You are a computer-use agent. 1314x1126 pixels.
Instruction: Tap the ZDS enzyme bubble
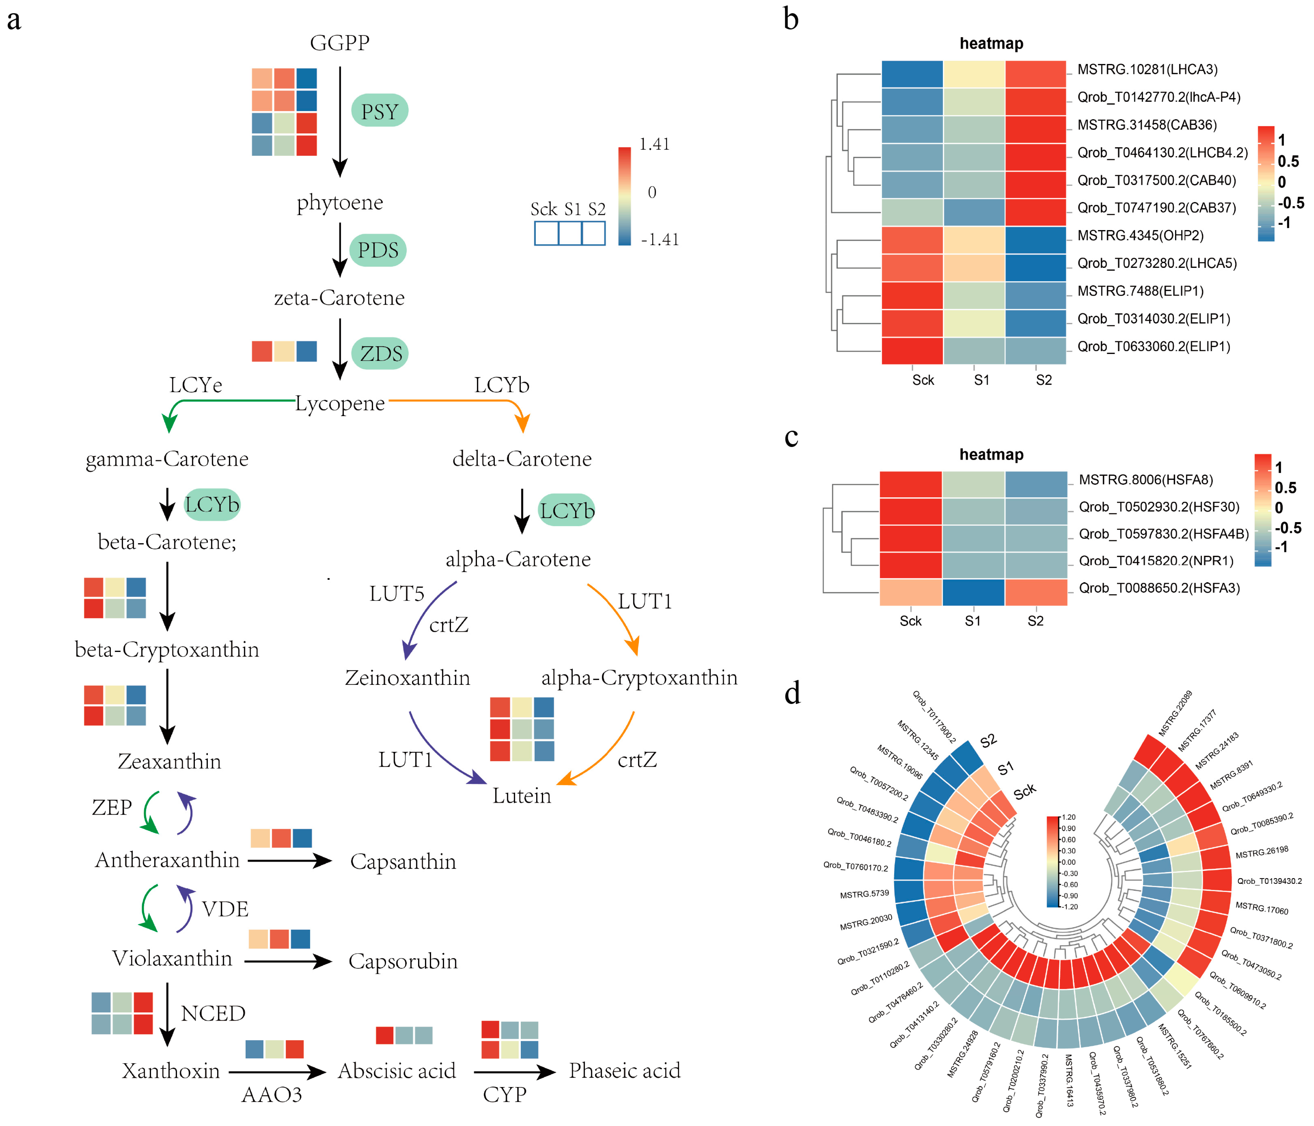click(381, 353)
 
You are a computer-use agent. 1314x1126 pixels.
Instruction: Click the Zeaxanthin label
click(169, 761)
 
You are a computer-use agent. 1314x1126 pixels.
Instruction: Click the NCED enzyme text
click(213, 1013)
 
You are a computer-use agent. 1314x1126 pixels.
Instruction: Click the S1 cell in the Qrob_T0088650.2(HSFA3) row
click(974, 592)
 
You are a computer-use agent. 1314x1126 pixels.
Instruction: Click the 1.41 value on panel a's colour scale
click(655, 145)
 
